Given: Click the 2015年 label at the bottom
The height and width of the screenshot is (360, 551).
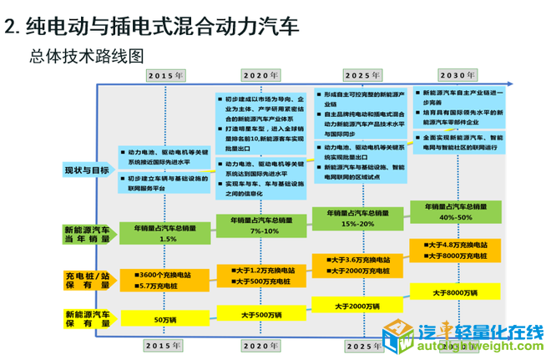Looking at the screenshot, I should coord(165,344).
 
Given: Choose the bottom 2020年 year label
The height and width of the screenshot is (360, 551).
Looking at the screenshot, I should coord(262,344).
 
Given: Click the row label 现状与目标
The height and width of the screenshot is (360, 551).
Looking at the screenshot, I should coord(86,170).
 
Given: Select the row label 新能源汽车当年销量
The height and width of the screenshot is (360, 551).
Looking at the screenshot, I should coord(87,234).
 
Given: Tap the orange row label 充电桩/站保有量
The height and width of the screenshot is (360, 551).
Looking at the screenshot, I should coord(87,279).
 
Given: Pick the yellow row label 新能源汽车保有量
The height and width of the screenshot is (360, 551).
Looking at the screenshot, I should coord(87,318).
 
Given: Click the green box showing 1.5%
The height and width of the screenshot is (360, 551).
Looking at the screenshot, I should coord(167,233).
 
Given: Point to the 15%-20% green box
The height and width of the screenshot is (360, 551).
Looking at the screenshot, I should coord(361,219).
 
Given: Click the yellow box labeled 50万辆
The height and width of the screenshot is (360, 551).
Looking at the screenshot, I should coord(167,318).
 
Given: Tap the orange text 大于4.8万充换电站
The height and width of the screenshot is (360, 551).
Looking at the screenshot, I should coord(458,245).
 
